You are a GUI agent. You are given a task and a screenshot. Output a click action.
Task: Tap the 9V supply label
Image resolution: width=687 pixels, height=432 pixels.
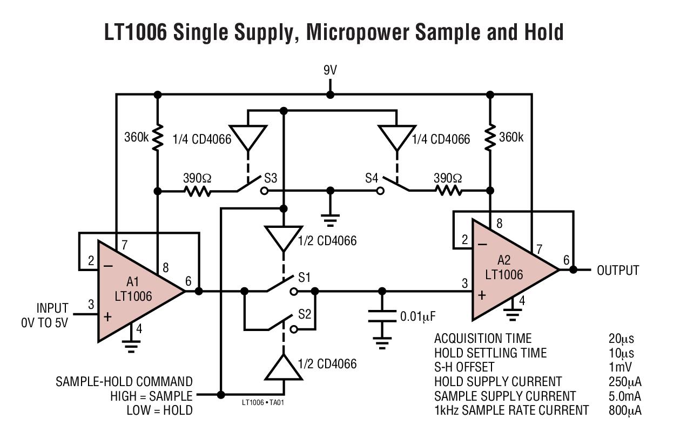coord(330,71)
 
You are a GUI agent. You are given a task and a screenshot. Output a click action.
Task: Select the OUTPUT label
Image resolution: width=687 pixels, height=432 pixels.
coord(618,271)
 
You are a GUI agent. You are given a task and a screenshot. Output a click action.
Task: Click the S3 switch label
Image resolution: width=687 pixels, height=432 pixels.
coord(271,178)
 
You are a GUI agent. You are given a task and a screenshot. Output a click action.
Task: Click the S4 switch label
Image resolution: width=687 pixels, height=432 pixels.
coord(372,178)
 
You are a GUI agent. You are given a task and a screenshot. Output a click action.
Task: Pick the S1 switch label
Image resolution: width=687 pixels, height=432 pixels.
coord(305,278)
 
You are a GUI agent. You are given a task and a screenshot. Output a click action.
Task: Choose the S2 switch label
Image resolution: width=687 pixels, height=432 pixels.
coord(305,314)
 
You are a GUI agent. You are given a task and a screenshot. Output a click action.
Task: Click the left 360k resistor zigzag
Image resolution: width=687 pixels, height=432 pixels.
coord(158,138)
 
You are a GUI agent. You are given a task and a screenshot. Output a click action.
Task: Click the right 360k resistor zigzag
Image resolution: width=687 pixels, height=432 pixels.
coord(490,138)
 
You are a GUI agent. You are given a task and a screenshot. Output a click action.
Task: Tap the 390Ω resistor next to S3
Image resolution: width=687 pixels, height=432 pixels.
coord(198,191)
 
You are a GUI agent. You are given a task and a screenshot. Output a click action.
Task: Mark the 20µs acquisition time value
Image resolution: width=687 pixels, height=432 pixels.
coord(621,339)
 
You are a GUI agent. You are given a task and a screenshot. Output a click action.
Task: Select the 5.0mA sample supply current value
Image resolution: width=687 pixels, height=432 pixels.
coord(624,396)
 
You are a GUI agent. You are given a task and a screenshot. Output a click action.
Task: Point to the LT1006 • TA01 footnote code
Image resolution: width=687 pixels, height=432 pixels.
coord(262,403)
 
